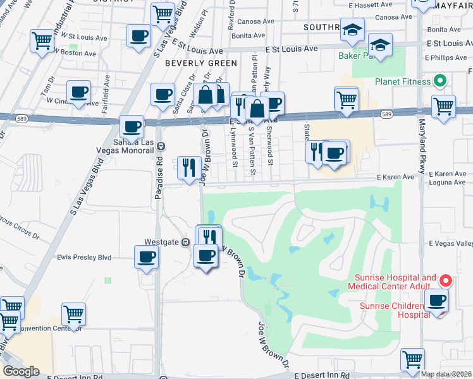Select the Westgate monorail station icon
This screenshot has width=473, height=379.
tap(186, 242)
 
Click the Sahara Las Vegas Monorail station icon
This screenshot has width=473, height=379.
tap(161, 145)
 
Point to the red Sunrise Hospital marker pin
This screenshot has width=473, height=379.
tap(445, 280)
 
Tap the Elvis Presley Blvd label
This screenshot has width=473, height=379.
tap(83, 257)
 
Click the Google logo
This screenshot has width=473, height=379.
tap(21, 371)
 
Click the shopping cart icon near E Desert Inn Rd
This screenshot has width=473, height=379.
tap(412, 359)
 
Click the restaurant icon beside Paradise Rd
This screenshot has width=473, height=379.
tap(189, 167)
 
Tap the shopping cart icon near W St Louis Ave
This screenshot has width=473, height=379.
tap(42, 41)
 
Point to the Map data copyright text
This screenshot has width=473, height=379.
tap(446, 374)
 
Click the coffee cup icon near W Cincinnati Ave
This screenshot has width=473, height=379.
tap(78, 92)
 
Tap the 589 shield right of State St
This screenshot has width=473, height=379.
tap(387, 114)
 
